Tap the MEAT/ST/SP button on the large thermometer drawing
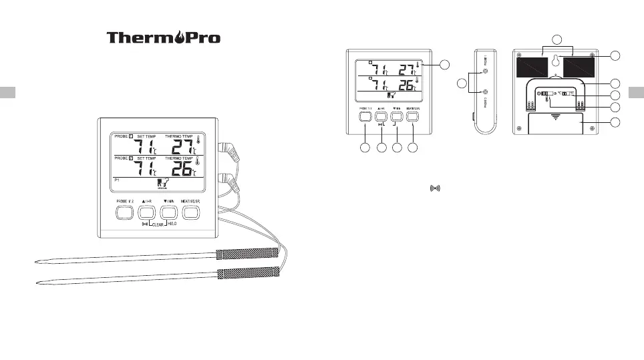pos(192,213)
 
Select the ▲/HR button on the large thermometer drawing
pos(146,213)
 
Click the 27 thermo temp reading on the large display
pos(177,147)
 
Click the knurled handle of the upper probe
pos(247,253)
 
